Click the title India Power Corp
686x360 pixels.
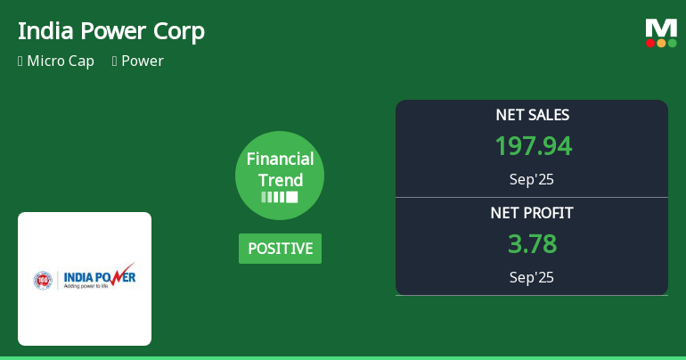(x=111, y=31)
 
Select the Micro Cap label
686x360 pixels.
(x=60, y=61)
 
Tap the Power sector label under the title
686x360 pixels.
(x=142, y=61)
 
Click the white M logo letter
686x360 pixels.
(x=661, y=28)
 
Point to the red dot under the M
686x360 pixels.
(x=650, y=43)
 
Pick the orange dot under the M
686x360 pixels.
(x=661, y=43)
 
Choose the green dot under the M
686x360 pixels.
(x=672, y=43)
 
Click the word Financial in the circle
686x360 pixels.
(x=280, y=160)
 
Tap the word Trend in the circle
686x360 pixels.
(x=280, y=180)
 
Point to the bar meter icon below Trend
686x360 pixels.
(x=280, y=197)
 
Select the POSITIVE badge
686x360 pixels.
(x=280, y=249)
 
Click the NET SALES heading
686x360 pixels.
(x=532, y=115)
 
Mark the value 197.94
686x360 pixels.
(x=532, y=146)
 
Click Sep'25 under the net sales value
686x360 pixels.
(x=532, y=179)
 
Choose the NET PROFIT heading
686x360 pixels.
(x=532, y=213)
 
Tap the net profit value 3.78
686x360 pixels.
(x=532, y=244)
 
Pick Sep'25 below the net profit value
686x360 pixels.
(x=532, y=277)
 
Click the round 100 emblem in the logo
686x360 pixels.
(x=43, y=280)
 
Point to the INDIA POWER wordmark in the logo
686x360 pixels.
(x=98, y=277)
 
